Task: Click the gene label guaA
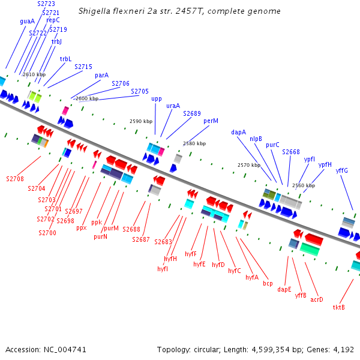point(27,21)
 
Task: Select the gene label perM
point(211,121)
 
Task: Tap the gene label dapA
point(238,132)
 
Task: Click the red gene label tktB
point(339,307)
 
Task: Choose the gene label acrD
point(317,299)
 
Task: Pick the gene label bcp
point(268,283)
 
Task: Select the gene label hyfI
point(163,269)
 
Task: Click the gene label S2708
point(15,179)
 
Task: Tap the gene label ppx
point(82,227)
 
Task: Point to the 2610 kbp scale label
point(34,74)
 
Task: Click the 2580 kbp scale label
point(194,143)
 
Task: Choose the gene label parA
point(102,76)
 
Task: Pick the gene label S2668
point(291,152)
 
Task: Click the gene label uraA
point(173,106)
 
